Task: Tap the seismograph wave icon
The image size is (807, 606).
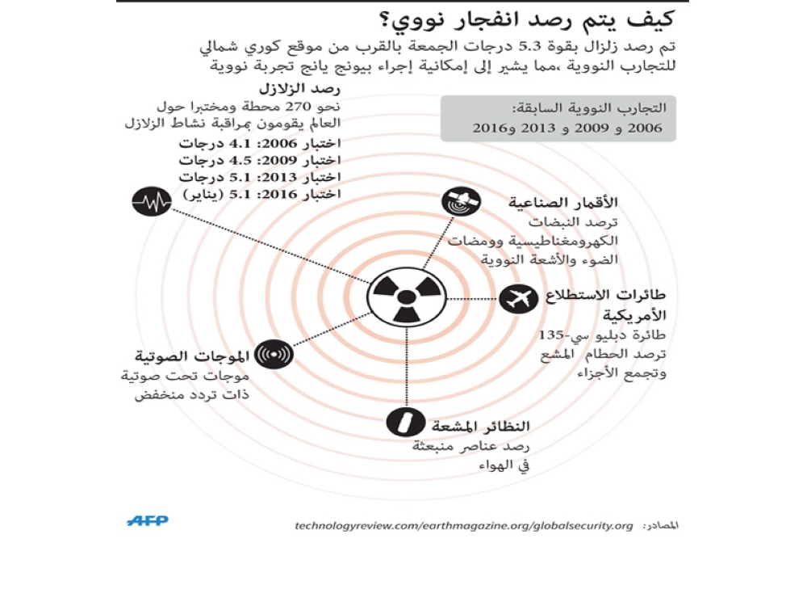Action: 152,203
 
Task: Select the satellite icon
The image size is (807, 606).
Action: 461,203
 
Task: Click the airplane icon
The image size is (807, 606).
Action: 518,299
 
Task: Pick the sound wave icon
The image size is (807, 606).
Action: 274,355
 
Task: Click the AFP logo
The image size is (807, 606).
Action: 147,521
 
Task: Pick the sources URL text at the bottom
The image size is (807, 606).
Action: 464,526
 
